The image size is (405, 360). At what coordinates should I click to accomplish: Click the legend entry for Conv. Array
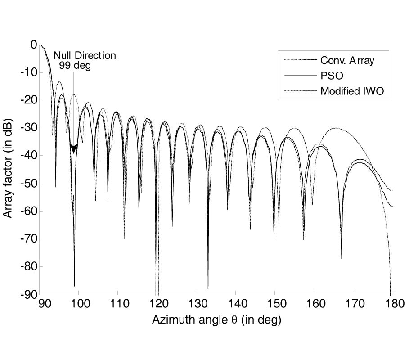tap(347, 61)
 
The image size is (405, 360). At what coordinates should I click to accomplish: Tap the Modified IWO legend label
tap(354, 91)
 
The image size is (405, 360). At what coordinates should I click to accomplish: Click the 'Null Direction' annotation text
tap(85, 56)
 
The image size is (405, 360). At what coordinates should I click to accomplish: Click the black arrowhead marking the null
tap(74, 148)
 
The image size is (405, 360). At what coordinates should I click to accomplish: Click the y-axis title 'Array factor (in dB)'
tap(8, 169)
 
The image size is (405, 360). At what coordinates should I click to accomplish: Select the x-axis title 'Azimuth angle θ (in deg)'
tap(216, 320)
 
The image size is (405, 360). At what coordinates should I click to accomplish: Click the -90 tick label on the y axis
tap(28, 295)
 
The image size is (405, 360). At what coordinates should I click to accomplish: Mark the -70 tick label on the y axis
tap(28, 239)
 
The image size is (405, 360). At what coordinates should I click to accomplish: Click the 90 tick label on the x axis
tap(44, 305)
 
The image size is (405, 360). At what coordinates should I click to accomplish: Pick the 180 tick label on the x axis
tap(391, 305)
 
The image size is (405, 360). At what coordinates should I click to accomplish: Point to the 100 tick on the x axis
tap(79, 305)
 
